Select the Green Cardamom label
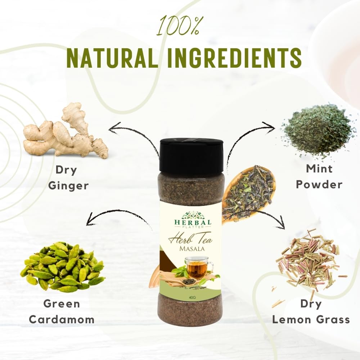point(62,311)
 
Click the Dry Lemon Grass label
point(311,311)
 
